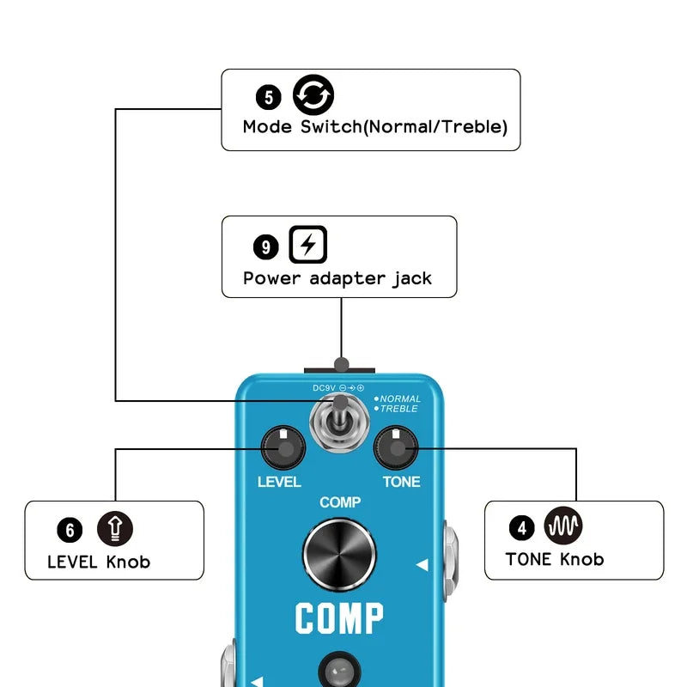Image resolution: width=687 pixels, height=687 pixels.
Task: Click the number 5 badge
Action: [x=269, y=97]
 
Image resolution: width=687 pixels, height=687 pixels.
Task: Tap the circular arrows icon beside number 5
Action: [x=313, y=95]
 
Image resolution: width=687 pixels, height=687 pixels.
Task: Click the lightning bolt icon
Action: [x=307, y=246]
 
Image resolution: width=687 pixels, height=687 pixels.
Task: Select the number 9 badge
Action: [x=266, y=248]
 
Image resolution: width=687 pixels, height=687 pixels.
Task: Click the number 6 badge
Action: [x=69, y=530]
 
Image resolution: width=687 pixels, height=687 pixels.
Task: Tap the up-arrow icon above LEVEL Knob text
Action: [x=114, y=528]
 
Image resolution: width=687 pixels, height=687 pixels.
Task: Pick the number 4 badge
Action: [x=521, y=526]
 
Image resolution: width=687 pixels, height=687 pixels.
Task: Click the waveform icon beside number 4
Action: [x=563, y=524]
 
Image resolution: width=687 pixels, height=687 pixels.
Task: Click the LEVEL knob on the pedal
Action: [x=283, y=447]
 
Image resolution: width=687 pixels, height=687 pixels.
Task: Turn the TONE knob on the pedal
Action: [x=395, y=447]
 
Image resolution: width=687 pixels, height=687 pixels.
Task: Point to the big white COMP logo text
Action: [x=339, y=618]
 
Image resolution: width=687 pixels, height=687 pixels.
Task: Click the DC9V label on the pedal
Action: [x=324, y=389]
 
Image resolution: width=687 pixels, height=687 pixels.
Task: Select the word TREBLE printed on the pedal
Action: [x=399, y=409]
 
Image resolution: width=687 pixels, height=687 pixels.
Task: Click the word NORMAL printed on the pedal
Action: [x=400, y=399]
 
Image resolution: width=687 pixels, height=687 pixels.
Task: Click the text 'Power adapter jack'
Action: [x=337, y=278]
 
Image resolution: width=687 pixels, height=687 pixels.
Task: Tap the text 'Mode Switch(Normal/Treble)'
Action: [x=375, y=127]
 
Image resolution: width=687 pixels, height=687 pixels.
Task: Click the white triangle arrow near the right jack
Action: [x=422, y=565]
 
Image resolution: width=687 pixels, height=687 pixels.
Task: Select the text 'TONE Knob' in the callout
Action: [x=555, y=559]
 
